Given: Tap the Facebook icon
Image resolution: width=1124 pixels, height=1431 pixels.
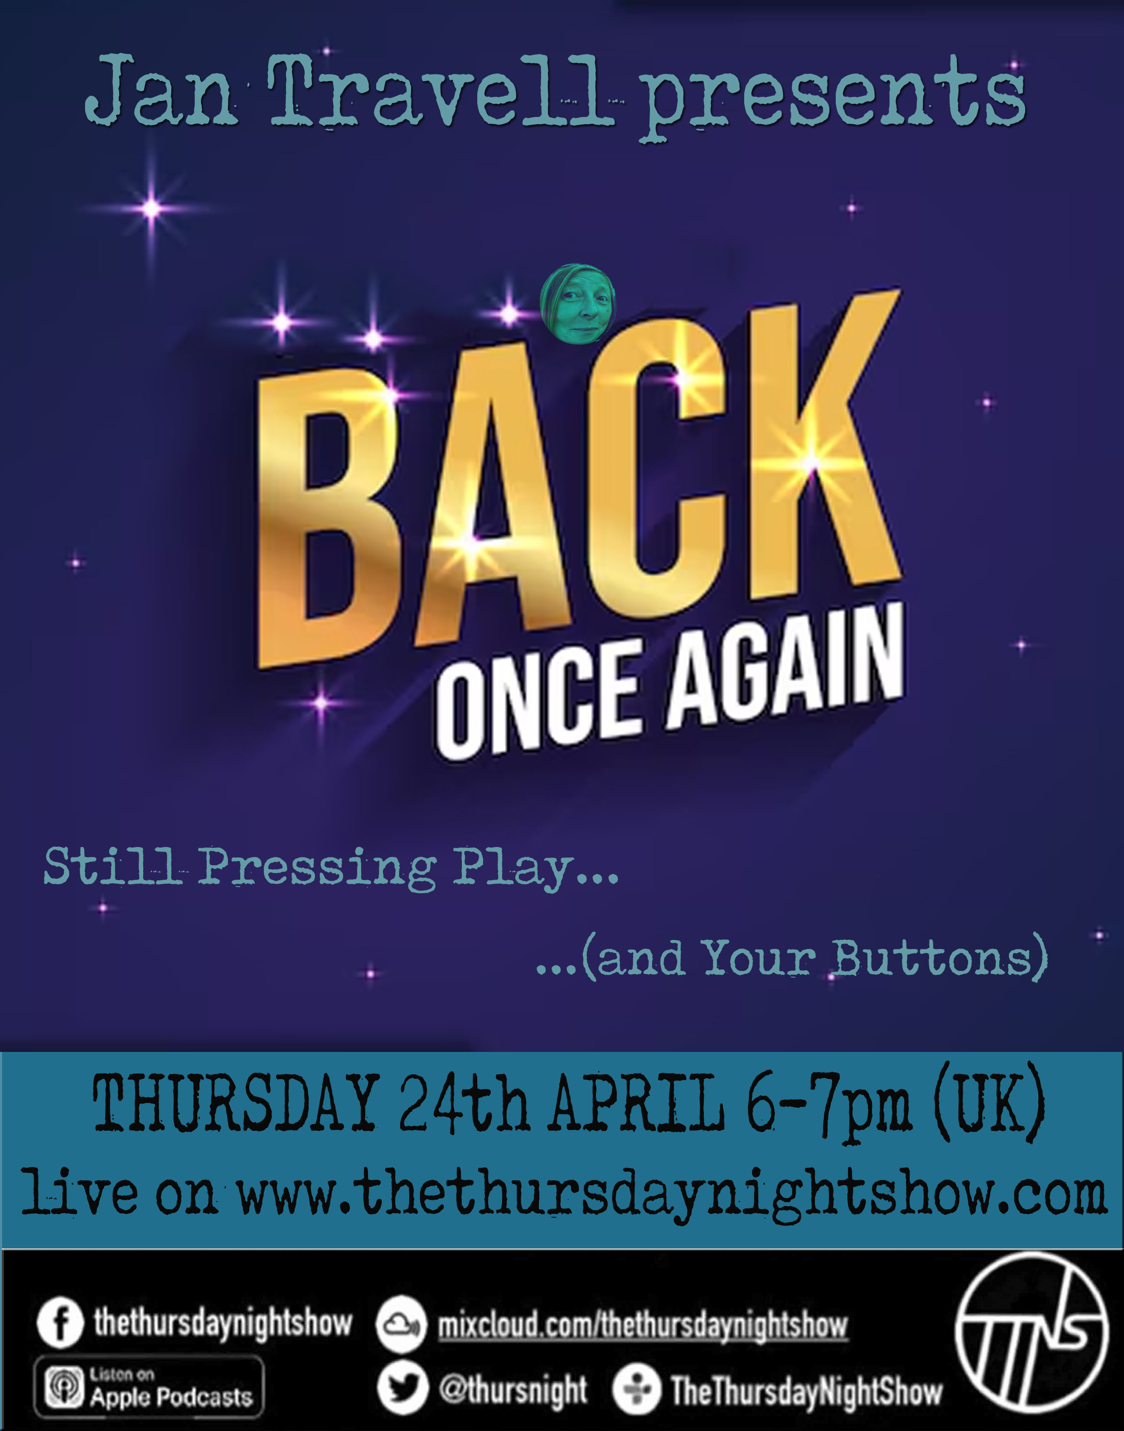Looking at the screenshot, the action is (60, 1323).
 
